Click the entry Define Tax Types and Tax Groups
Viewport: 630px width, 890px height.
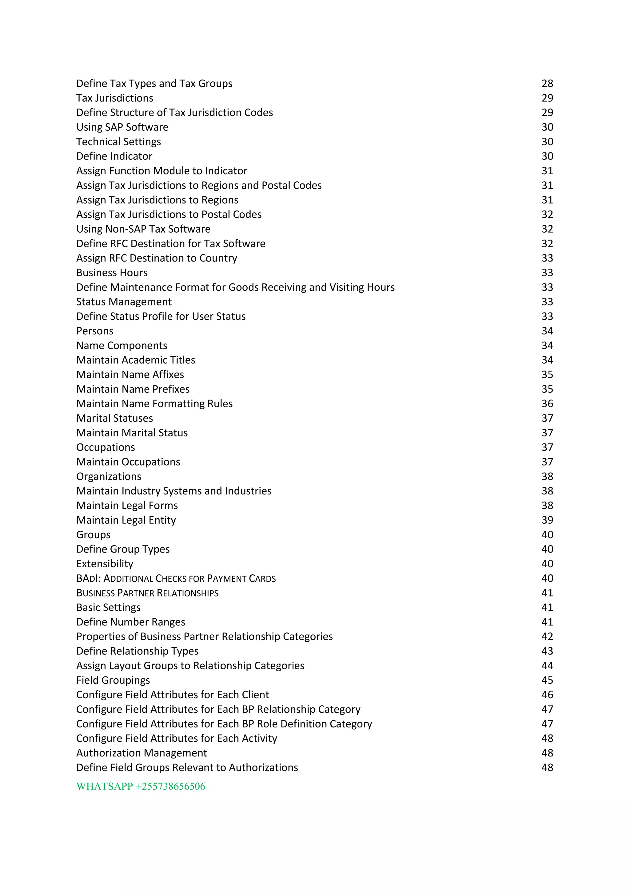click(154, 84)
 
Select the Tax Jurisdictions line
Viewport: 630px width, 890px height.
click(114, 98)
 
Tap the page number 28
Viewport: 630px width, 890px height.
click(547, 84)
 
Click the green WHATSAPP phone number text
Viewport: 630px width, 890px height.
click(141, 786)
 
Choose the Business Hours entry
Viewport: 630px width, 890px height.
click(112, 273)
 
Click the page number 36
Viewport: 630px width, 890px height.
click(547, 404)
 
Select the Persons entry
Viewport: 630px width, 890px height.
click(95, 331)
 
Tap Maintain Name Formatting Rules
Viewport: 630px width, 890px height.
click(154, 404)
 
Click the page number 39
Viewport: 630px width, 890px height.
click(547, 520)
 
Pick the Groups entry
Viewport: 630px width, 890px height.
click(93, 535)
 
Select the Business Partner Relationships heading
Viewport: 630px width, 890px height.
click(147, 593)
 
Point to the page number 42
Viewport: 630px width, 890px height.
click(547, 636)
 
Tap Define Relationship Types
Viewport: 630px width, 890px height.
click(137, 651)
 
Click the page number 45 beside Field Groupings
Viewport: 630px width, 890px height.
click(547, 680)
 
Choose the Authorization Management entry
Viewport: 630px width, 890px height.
click(142, 753)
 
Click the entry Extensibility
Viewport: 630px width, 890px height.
click(104, 564)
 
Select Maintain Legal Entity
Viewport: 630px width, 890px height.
click(126, 520)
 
